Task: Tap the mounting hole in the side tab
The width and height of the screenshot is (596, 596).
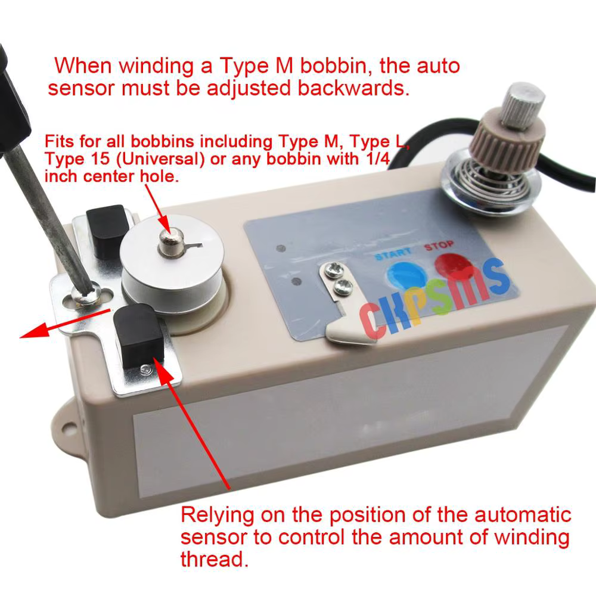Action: click(x=67, y=424)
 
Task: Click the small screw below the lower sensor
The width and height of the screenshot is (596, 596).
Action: click(x=144, y=371)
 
